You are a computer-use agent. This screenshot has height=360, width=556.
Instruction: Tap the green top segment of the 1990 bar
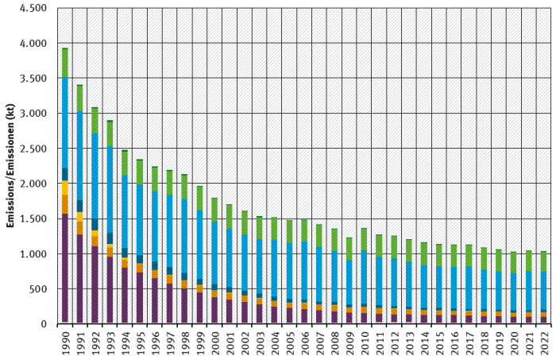(64, 63)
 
